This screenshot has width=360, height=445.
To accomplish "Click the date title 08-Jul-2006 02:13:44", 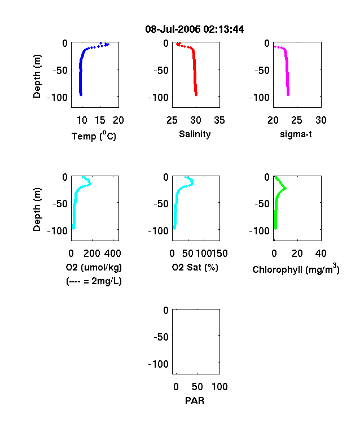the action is (x=195, y=29).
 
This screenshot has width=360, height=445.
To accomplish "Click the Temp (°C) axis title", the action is (x=94, y=136).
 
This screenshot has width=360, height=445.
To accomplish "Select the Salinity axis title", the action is (x=195, y=134).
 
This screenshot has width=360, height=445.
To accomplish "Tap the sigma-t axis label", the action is (x=296, y=134).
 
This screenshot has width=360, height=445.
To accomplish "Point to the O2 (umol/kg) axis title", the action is (x=94, y=267).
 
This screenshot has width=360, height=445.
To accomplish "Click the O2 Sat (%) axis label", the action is (x=195, y=267).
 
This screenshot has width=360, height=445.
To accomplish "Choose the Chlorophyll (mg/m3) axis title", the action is (x=296, y=269).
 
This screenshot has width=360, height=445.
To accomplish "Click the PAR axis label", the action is (x=195, y=400).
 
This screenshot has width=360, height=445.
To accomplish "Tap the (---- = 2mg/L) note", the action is (x=94, y=281).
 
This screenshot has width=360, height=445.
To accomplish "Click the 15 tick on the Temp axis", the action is (x=100, y=120).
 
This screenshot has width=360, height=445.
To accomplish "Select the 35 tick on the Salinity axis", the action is (x=219, y=120).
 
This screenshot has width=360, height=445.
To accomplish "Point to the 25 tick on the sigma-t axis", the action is (x=296, y=120).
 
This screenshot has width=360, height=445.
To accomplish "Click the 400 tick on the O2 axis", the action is (x=113, y=254).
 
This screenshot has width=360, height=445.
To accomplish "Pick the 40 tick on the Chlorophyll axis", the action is (x=321, y=254).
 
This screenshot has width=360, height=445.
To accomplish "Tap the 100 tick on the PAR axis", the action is (x=219, y=386).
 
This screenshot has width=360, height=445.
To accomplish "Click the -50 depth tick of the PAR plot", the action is (x=161, y=337).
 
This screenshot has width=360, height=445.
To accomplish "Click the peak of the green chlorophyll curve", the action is (x=285, y=189).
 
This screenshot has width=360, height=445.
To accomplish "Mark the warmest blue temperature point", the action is (x=107, y=44).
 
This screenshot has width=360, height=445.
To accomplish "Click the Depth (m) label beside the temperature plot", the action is (x=37, y=76).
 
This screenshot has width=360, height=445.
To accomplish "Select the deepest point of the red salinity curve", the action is (x=196, y=94).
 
